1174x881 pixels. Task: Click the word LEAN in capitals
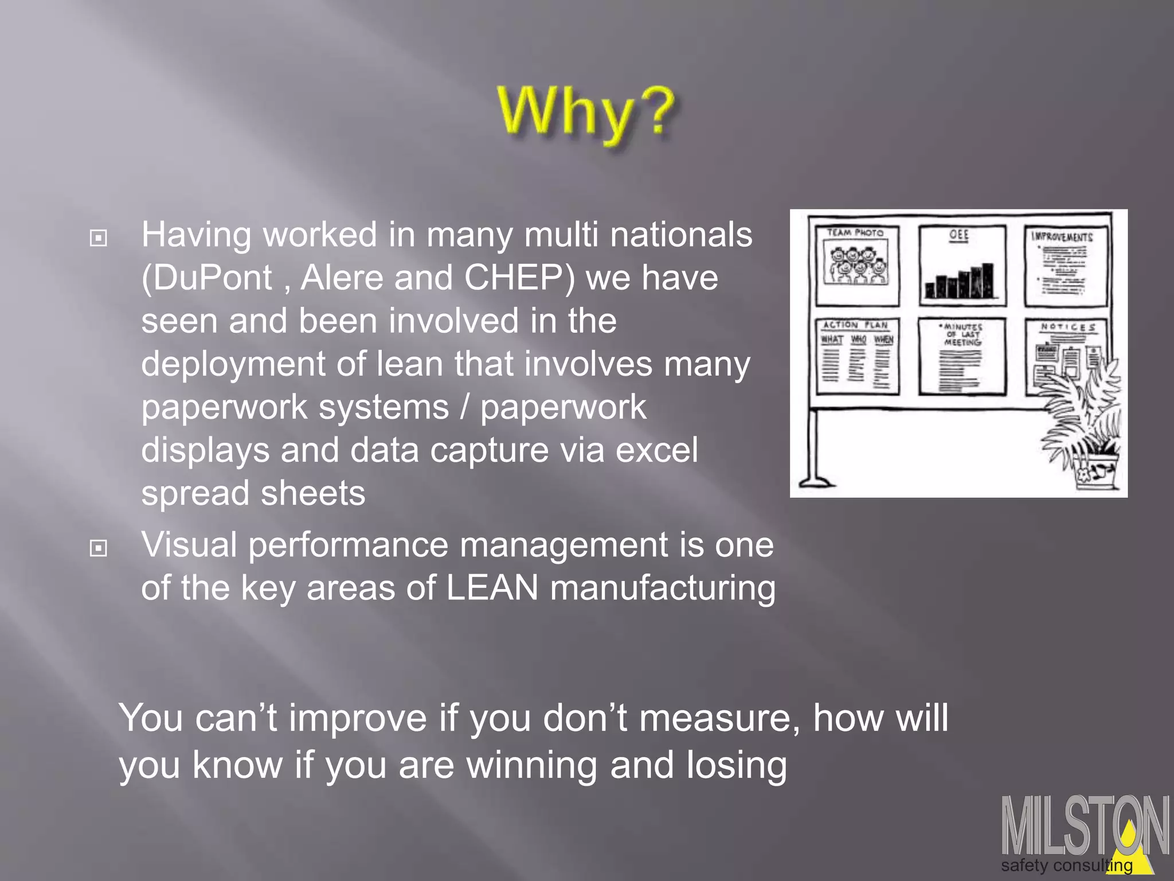tap(492, 588)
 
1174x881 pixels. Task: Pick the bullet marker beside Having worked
tap(99, 237)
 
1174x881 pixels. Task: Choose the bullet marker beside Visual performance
tap(99, 548)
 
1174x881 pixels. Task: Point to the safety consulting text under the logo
tap(1066, 866)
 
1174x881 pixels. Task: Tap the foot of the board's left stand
tap(816, 482)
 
